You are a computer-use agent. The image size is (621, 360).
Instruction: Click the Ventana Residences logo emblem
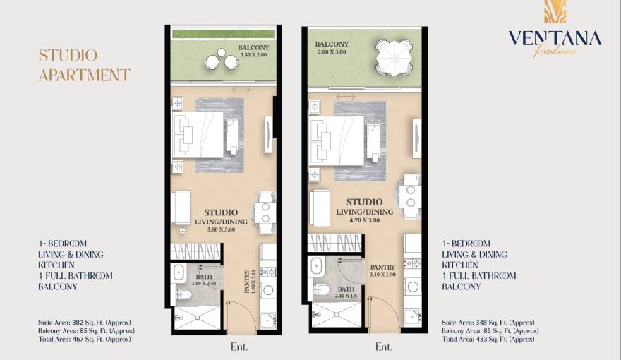point(554,11)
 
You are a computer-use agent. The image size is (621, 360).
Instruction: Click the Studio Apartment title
point(84,65)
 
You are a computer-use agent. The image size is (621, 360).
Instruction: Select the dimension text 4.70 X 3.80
point(364,220)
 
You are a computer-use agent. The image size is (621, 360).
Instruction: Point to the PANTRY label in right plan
point(382,268)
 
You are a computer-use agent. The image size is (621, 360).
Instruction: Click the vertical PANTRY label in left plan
point(247,282)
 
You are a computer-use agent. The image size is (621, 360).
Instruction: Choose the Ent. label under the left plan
point(239,347)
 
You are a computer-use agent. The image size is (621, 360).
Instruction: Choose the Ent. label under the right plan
point(383,347)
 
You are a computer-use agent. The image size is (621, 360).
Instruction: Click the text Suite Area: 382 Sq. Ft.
point(85,322)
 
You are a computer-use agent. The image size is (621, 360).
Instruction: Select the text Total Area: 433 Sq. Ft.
point(488,339)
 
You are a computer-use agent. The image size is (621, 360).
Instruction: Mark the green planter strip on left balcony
point(224,34)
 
